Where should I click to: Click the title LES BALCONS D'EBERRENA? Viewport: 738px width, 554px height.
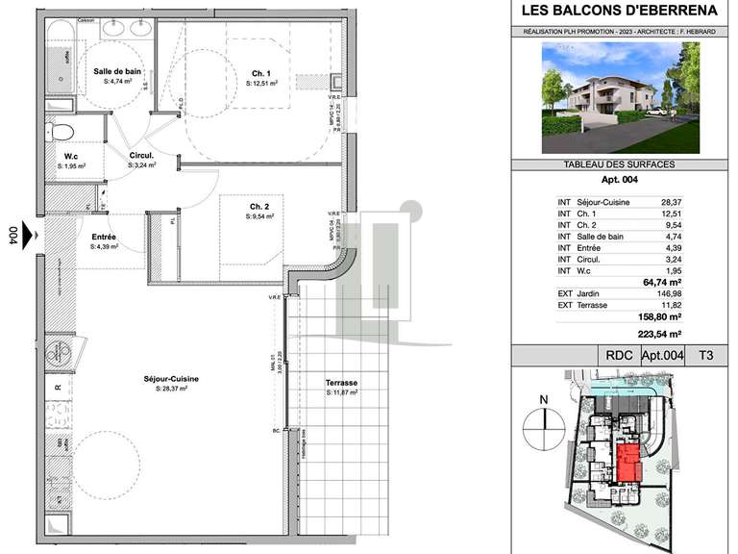click(621, 12)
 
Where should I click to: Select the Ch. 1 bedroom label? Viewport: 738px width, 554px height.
click(262, 73)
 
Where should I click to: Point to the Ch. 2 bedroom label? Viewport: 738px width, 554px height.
click(258, 207)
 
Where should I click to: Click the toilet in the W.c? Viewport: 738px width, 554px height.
click(61, 132)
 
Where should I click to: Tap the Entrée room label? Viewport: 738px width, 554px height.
click(104, 236)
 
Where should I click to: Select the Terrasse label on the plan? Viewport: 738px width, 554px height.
click(342, 383)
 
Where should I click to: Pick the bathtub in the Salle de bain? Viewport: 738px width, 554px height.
click(64, 57)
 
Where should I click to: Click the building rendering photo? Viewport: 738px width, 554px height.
click(621, 99)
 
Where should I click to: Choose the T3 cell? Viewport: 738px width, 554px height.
click(705, 355)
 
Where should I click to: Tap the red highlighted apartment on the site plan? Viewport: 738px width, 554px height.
click(629, 464)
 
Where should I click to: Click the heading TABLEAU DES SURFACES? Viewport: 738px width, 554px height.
click(621, 164)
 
